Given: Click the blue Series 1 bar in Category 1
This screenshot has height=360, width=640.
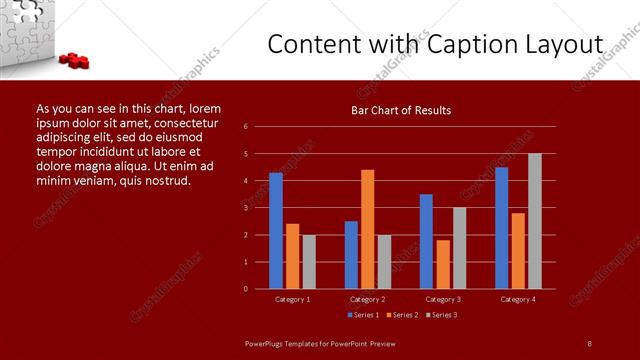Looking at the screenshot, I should [x=275, y=231].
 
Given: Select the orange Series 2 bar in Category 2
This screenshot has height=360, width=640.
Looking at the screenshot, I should [x=367, y=229].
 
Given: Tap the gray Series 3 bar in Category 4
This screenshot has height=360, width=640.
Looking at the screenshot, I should [x=534, y=221].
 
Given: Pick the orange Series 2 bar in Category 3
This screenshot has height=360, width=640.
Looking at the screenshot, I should [x=443, y=264].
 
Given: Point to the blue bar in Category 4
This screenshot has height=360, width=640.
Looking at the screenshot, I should [x=501, y=228].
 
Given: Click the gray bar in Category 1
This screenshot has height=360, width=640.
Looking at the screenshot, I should [x=309, y=262].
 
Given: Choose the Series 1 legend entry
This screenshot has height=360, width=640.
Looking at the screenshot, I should [x=364, y=315].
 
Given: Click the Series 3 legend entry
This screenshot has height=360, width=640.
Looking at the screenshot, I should [x=441, y=315].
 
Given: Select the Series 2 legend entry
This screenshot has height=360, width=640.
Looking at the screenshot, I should [x=402, y=315].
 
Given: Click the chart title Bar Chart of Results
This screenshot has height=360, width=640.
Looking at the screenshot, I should [x=400, y=110].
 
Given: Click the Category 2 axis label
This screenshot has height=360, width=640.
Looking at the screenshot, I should [x=367, y=299].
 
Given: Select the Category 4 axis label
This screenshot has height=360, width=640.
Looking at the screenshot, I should [x=517, y=299].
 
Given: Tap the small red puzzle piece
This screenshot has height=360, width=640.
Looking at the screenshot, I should [x=75, y=61].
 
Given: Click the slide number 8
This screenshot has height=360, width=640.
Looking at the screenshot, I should [x=590, y=343].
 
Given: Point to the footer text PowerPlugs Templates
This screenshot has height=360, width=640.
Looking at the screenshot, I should [x=290, y=343].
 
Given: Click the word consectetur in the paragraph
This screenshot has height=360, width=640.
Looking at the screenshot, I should [x=190, y=122].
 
